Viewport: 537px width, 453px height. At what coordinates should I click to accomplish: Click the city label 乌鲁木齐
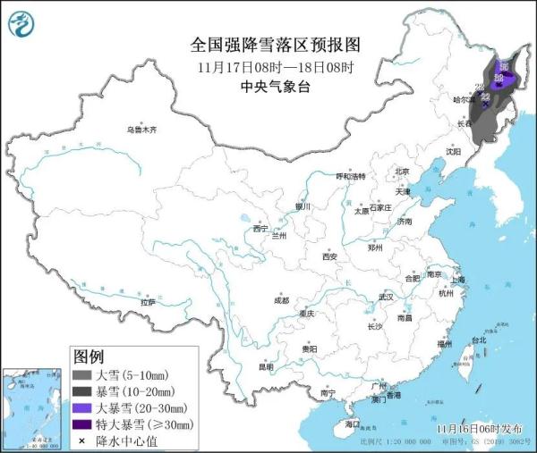tap(141, 130)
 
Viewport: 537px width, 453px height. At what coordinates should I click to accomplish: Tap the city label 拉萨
tap(148, 302)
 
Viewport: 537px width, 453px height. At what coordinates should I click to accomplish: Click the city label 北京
tap(402, 172)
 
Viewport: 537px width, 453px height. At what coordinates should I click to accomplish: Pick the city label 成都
tap(281, 299)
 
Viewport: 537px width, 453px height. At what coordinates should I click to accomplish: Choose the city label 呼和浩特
tap(351, 177)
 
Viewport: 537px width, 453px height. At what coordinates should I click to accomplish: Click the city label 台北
tap(478, 340)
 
